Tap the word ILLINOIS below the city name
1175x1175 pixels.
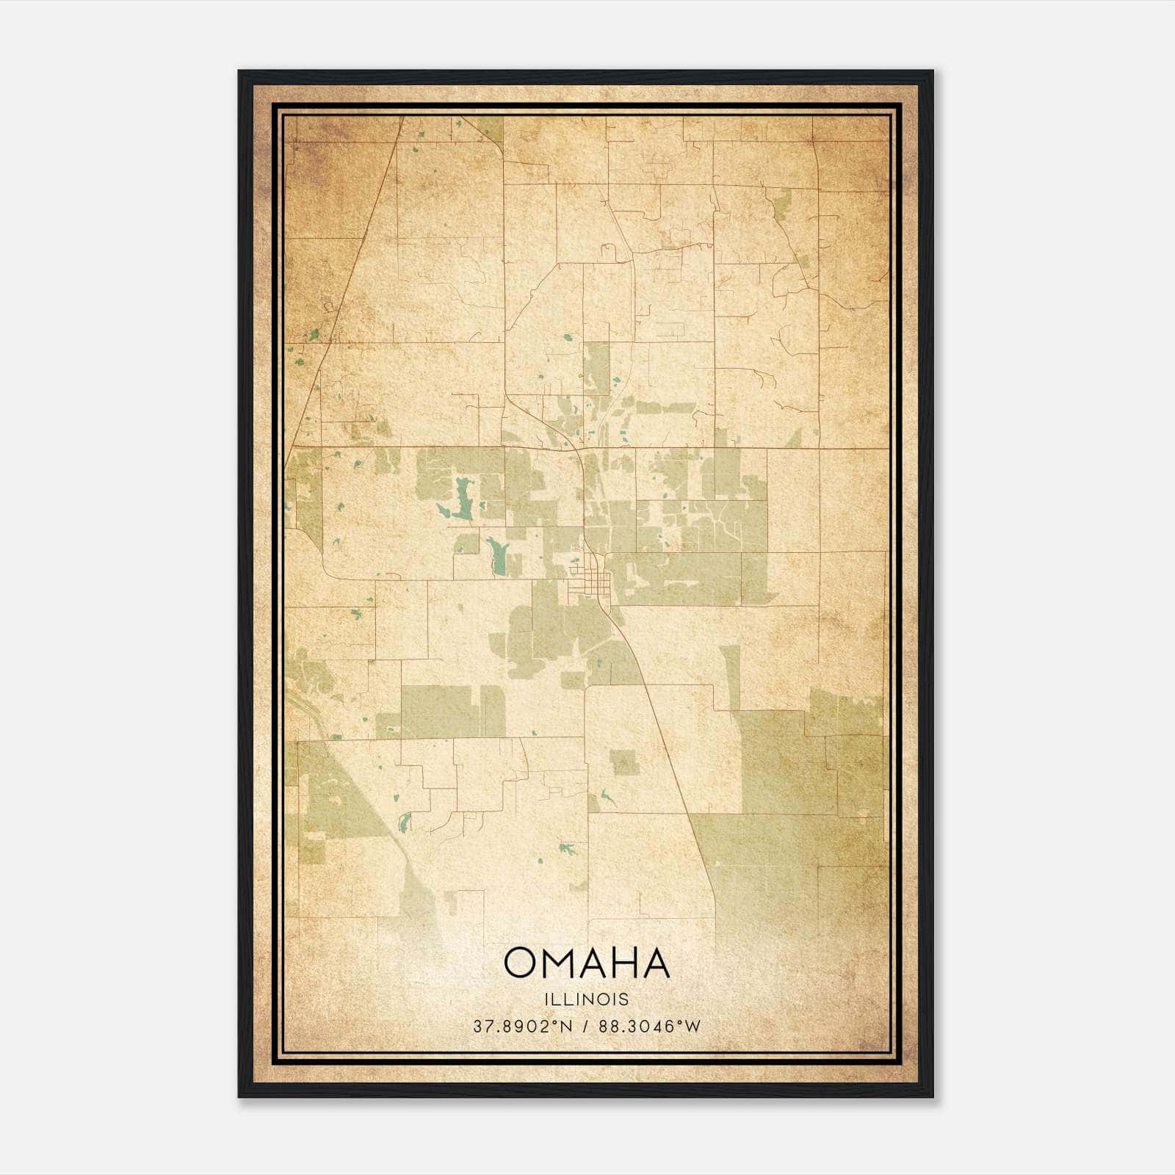(587, 999)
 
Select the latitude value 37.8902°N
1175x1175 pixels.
(522, 1026)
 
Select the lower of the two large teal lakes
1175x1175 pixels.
(496, 557)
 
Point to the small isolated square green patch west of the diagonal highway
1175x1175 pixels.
(625, 762)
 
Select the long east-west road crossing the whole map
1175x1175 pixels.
(734, 447)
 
